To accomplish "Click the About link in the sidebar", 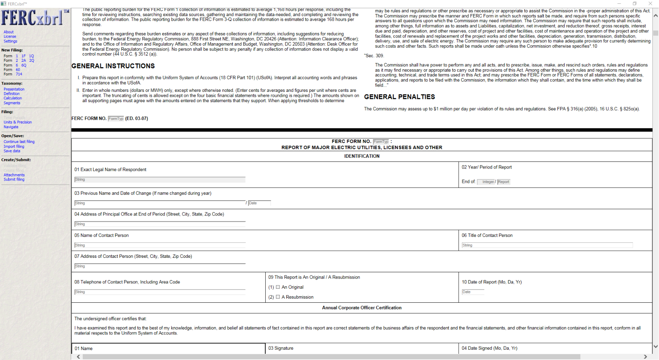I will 9,32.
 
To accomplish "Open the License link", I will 10,37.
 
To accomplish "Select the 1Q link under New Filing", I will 31,56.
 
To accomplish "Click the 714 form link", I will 19,75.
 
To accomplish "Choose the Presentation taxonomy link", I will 14,89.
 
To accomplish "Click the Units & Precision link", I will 18,122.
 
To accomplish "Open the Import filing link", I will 14,147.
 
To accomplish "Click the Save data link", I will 12,151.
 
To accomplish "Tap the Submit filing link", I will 14,180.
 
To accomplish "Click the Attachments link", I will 14,175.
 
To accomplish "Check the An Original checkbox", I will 278,287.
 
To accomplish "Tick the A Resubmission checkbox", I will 278,297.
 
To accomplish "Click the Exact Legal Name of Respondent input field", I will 160,180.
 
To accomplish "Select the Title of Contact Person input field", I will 547,245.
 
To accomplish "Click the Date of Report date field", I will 473,292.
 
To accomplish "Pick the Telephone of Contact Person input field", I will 160,292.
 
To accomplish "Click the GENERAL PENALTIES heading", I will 400,97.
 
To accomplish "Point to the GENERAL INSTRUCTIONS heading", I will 113,66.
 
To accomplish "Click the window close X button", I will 650,4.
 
